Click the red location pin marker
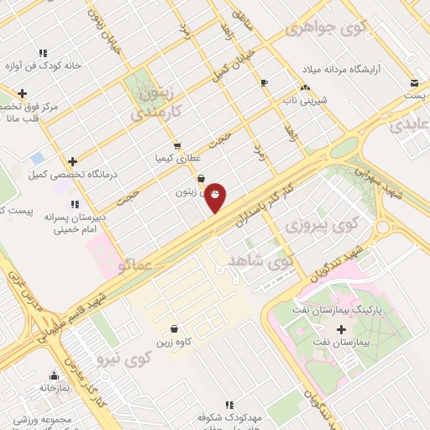(x=216, y=197)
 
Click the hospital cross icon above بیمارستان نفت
(x=341, y=328)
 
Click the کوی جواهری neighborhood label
(x=327, y=28)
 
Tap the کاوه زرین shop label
(x=174, y=343)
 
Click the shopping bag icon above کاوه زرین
(x=174, y=328)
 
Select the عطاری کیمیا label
(x=176, y=158)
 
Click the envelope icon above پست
(x=415, y=82)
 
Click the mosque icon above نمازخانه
(x=55, y=375)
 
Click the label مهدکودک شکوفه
(x=230, y=417)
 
